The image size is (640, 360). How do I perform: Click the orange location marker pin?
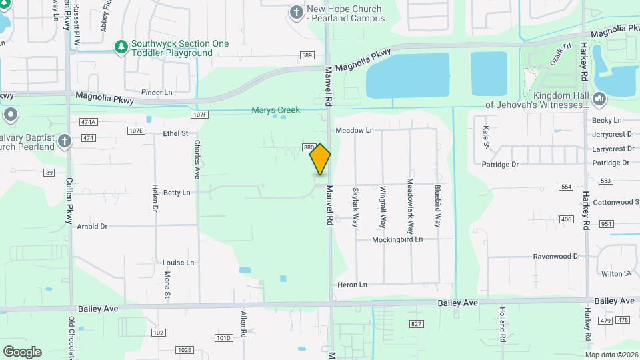(320, 159)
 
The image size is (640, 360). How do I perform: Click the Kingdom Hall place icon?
(599, 99)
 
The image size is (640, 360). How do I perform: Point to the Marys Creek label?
(275, 110)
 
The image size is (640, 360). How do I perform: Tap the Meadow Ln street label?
(355, 131)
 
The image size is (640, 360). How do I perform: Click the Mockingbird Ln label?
(397, 239)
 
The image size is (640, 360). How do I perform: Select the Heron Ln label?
(353, 285)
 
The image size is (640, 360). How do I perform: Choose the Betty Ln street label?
(177, 193)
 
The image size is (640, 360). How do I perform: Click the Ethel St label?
(176, 133)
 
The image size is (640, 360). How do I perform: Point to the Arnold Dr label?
(92, 227)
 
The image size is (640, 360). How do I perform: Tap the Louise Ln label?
(178, 263)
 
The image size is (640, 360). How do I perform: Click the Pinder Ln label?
(157, 92)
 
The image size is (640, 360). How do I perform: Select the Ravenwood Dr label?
(557, 256)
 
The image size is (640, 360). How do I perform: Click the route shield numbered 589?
(307, 55)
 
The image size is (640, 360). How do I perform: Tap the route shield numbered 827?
(417, 324)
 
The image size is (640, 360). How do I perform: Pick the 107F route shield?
(199, 115)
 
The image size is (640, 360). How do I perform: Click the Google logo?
(22, 351)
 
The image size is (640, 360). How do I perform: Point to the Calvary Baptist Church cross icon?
(64, 141)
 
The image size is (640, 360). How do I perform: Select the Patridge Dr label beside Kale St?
(501, 164)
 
